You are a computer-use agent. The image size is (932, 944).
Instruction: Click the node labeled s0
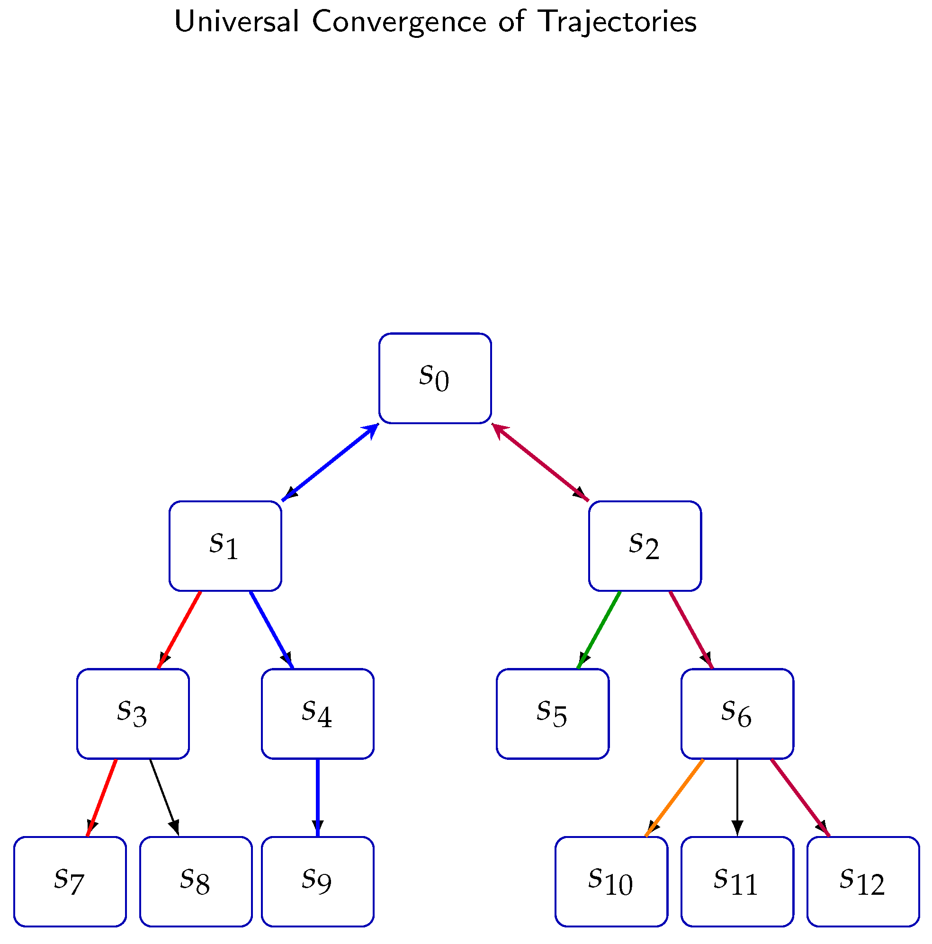[x=434, y=378]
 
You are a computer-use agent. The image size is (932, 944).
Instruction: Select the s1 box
[x=225, y=545]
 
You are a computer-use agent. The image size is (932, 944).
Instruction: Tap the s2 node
[x=644, y=545]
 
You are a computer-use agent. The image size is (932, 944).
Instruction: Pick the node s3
[x=133, y=713]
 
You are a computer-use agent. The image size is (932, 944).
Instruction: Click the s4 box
[x=318, y=713]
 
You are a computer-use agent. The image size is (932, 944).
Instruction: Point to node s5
[x=552, y=713]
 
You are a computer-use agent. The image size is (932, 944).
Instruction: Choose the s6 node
[x=737, y=713]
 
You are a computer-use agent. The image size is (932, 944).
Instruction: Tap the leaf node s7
[x=70, y=881]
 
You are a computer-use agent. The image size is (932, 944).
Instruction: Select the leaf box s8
[x=196, y=881]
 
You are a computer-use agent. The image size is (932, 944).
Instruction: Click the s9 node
[x=318, y=881]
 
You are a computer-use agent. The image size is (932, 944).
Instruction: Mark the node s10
[x=611, y=881]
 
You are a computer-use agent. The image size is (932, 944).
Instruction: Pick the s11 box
[x=737, y=881]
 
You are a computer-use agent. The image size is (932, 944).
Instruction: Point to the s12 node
[x=863, y=881]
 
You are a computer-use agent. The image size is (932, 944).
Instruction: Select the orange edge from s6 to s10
[x=674, y=797]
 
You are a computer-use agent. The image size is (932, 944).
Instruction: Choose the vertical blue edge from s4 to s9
[x=318, y=797]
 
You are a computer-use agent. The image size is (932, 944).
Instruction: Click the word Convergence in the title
[x=399, y=22]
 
